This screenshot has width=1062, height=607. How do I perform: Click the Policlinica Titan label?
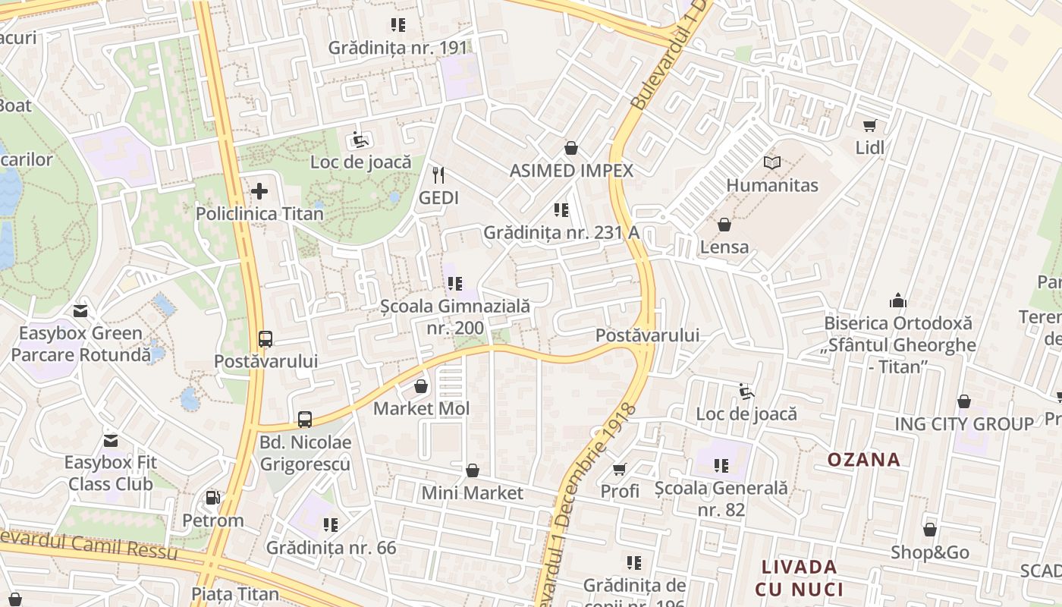click(259, 214)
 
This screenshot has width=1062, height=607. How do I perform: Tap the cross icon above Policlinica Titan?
click(259, 190)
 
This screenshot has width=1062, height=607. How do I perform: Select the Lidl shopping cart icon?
click(869, 125)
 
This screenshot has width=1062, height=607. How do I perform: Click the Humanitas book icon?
click(772, 162)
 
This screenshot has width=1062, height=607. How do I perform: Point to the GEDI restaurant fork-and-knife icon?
click(438, 175)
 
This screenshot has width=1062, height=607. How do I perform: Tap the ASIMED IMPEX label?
click(571, 171)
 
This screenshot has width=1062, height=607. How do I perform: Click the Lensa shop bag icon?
click(724, 225)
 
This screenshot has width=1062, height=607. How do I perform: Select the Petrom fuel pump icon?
click(213, 498)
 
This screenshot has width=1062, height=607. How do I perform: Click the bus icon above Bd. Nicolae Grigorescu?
click(304, 419)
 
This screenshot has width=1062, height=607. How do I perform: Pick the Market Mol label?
click(422, 409)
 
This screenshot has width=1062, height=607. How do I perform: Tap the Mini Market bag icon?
click(473, 470)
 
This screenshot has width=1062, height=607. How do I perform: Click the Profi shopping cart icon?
click(620, 469)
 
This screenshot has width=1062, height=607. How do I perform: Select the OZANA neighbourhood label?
click(863, 460)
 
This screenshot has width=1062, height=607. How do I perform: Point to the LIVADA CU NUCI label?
click(799, 578)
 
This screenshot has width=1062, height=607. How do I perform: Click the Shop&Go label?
click(930, 553)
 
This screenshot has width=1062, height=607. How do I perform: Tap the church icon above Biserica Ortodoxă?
click(898, 300)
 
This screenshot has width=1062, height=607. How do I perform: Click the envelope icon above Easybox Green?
click(80, 310)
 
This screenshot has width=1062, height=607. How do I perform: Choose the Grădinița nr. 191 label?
click(398, 48)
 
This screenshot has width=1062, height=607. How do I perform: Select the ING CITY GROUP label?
click(964, 424)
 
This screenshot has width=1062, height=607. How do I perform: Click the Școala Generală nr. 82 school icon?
click(721, 465)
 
